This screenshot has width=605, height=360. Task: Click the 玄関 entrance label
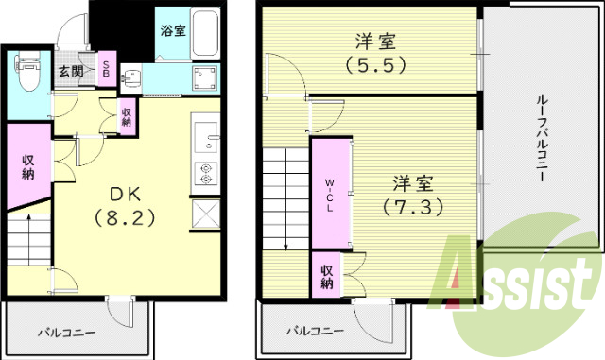click(70, 71)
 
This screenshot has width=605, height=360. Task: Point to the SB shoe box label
click(106, 70)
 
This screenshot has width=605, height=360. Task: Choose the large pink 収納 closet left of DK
click(29, 166)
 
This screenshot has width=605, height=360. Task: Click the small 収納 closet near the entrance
click(127, 116)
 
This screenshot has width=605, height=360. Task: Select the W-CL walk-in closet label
click(329, 194)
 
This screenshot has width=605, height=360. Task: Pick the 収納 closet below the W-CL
click(326, 274)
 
